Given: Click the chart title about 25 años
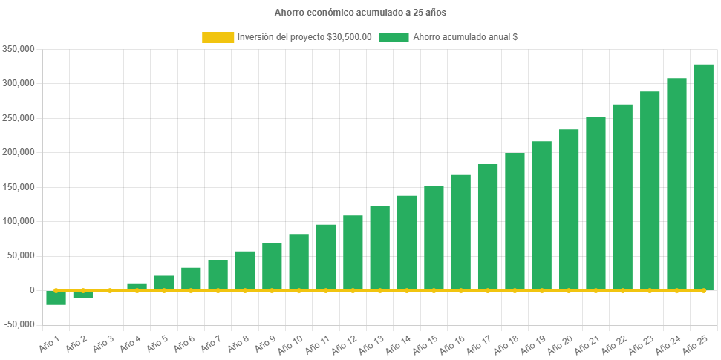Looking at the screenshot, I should click(360, 13).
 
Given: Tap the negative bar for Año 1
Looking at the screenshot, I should click(56, 298).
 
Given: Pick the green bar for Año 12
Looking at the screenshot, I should click(353, 252).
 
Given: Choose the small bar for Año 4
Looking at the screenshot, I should click(137, 287).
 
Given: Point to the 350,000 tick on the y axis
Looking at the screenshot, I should click(19, 49).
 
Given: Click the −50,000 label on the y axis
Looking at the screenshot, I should click(19, 324).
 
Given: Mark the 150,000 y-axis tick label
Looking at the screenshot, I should click(19, 187).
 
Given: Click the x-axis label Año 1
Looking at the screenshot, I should click(50, 343).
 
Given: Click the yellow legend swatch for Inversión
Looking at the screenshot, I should click(218, 37).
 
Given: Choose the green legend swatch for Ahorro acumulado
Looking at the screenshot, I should click(394, 37).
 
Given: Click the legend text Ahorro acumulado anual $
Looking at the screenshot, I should click(465, 37).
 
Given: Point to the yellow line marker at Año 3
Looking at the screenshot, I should click(110, 290).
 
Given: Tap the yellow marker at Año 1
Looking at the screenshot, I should click(56, 290).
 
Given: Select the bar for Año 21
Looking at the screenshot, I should click(596, 203).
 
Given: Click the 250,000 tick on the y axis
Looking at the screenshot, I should click(19, 118).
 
